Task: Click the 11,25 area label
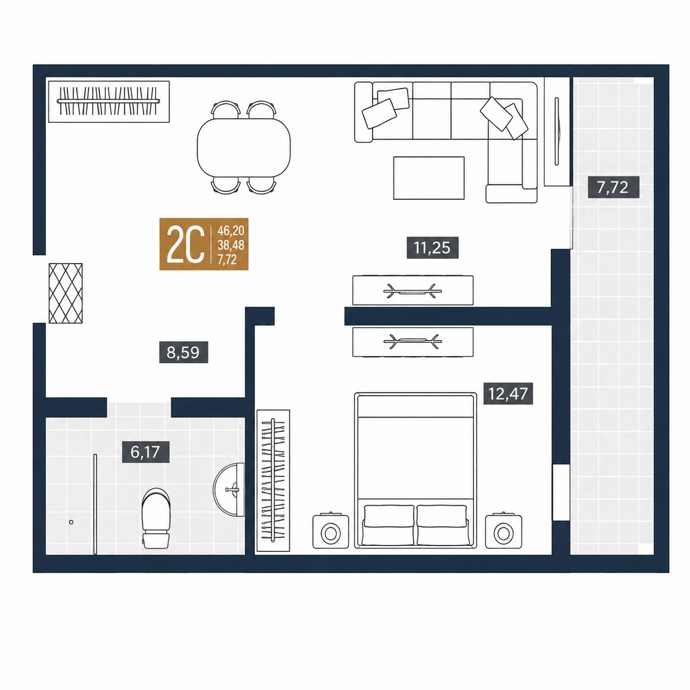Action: click(x=432, y=248)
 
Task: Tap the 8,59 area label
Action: click(x=183, y=352)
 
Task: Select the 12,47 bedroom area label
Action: click(x=508, y=393)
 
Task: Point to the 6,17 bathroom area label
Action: click(x=145, y=452)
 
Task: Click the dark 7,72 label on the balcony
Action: click(x=614, y=187)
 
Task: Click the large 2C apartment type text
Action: click(x=185, y=244)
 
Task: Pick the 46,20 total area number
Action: click(x=231, y=230)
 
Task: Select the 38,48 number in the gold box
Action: click(x=231, y=245)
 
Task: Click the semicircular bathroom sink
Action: click(x=229, y=490)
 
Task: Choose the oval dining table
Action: click(x=244, y=147)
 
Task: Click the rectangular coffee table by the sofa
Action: click(x=429, y=178)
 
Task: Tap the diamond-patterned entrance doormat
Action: click(x=65, y=293)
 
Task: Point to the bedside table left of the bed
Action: click(x=331, y=532)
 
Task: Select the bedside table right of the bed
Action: click(x=503, y=532)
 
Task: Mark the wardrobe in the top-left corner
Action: click(x=109, y=102)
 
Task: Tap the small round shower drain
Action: click(x=71, y=522)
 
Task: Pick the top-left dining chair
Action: click(x=226, y=109)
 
